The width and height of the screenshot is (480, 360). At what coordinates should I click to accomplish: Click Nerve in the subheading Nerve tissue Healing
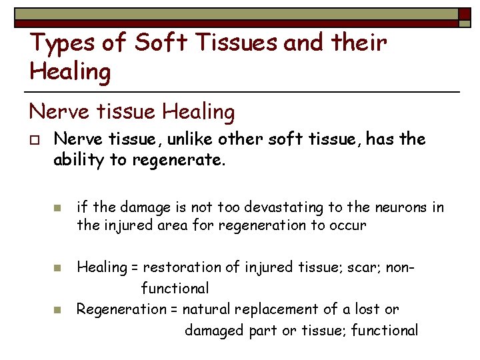pyautogui.click(x=55, y=111)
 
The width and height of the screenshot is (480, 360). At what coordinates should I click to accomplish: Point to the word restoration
pyautogui.click(x=179, y=267)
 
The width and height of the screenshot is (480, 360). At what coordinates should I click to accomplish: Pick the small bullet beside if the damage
pyautogui.click(x=57, y=209)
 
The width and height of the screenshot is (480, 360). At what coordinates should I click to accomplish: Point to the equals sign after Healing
pyautogui.click(x=135, y=268)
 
